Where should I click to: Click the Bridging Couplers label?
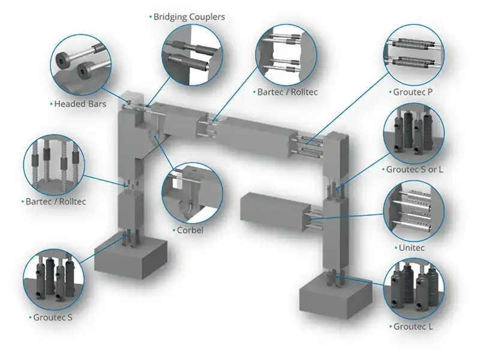click(x=188, y=17)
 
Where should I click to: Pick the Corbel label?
click(x=191, y=230)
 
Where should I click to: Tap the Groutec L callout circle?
click(x=414, y=288)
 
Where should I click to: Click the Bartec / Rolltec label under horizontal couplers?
click(x=287, y=92)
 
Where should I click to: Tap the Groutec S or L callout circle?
click(x=414, y=133)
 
